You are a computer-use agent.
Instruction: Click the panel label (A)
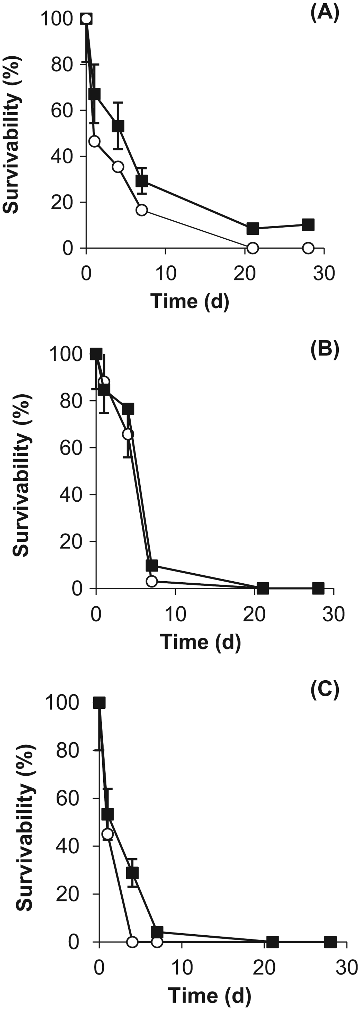click(324, 14)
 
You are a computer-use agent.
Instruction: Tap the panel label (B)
click(324, 350)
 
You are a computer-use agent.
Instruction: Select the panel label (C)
click(324, 691)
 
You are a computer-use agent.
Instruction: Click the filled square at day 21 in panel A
click(253, 228)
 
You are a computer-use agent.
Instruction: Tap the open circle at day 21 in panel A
click(253, 248)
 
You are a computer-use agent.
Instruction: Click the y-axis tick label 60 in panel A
click(62, 110)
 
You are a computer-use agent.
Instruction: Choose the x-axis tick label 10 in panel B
click(175, 614)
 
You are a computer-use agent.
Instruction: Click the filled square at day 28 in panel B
click(318, 588)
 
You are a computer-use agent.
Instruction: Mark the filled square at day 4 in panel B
click(128, 409)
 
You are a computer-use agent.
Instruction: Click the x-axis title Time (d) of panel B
click(200, 642)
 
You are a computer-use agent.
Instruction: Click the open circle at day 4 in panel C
click(132, 942)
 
